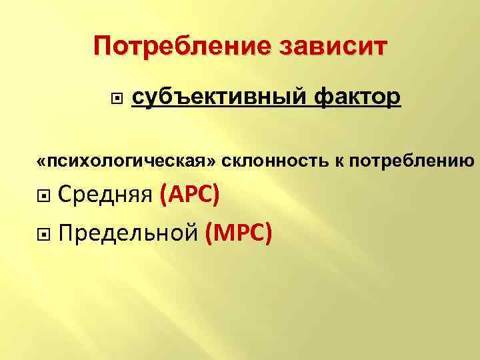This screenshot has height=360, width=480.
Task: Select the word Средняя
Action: coord(106,196)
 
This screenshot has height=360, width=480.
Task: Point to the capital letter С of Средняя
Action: coord(66,196)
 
